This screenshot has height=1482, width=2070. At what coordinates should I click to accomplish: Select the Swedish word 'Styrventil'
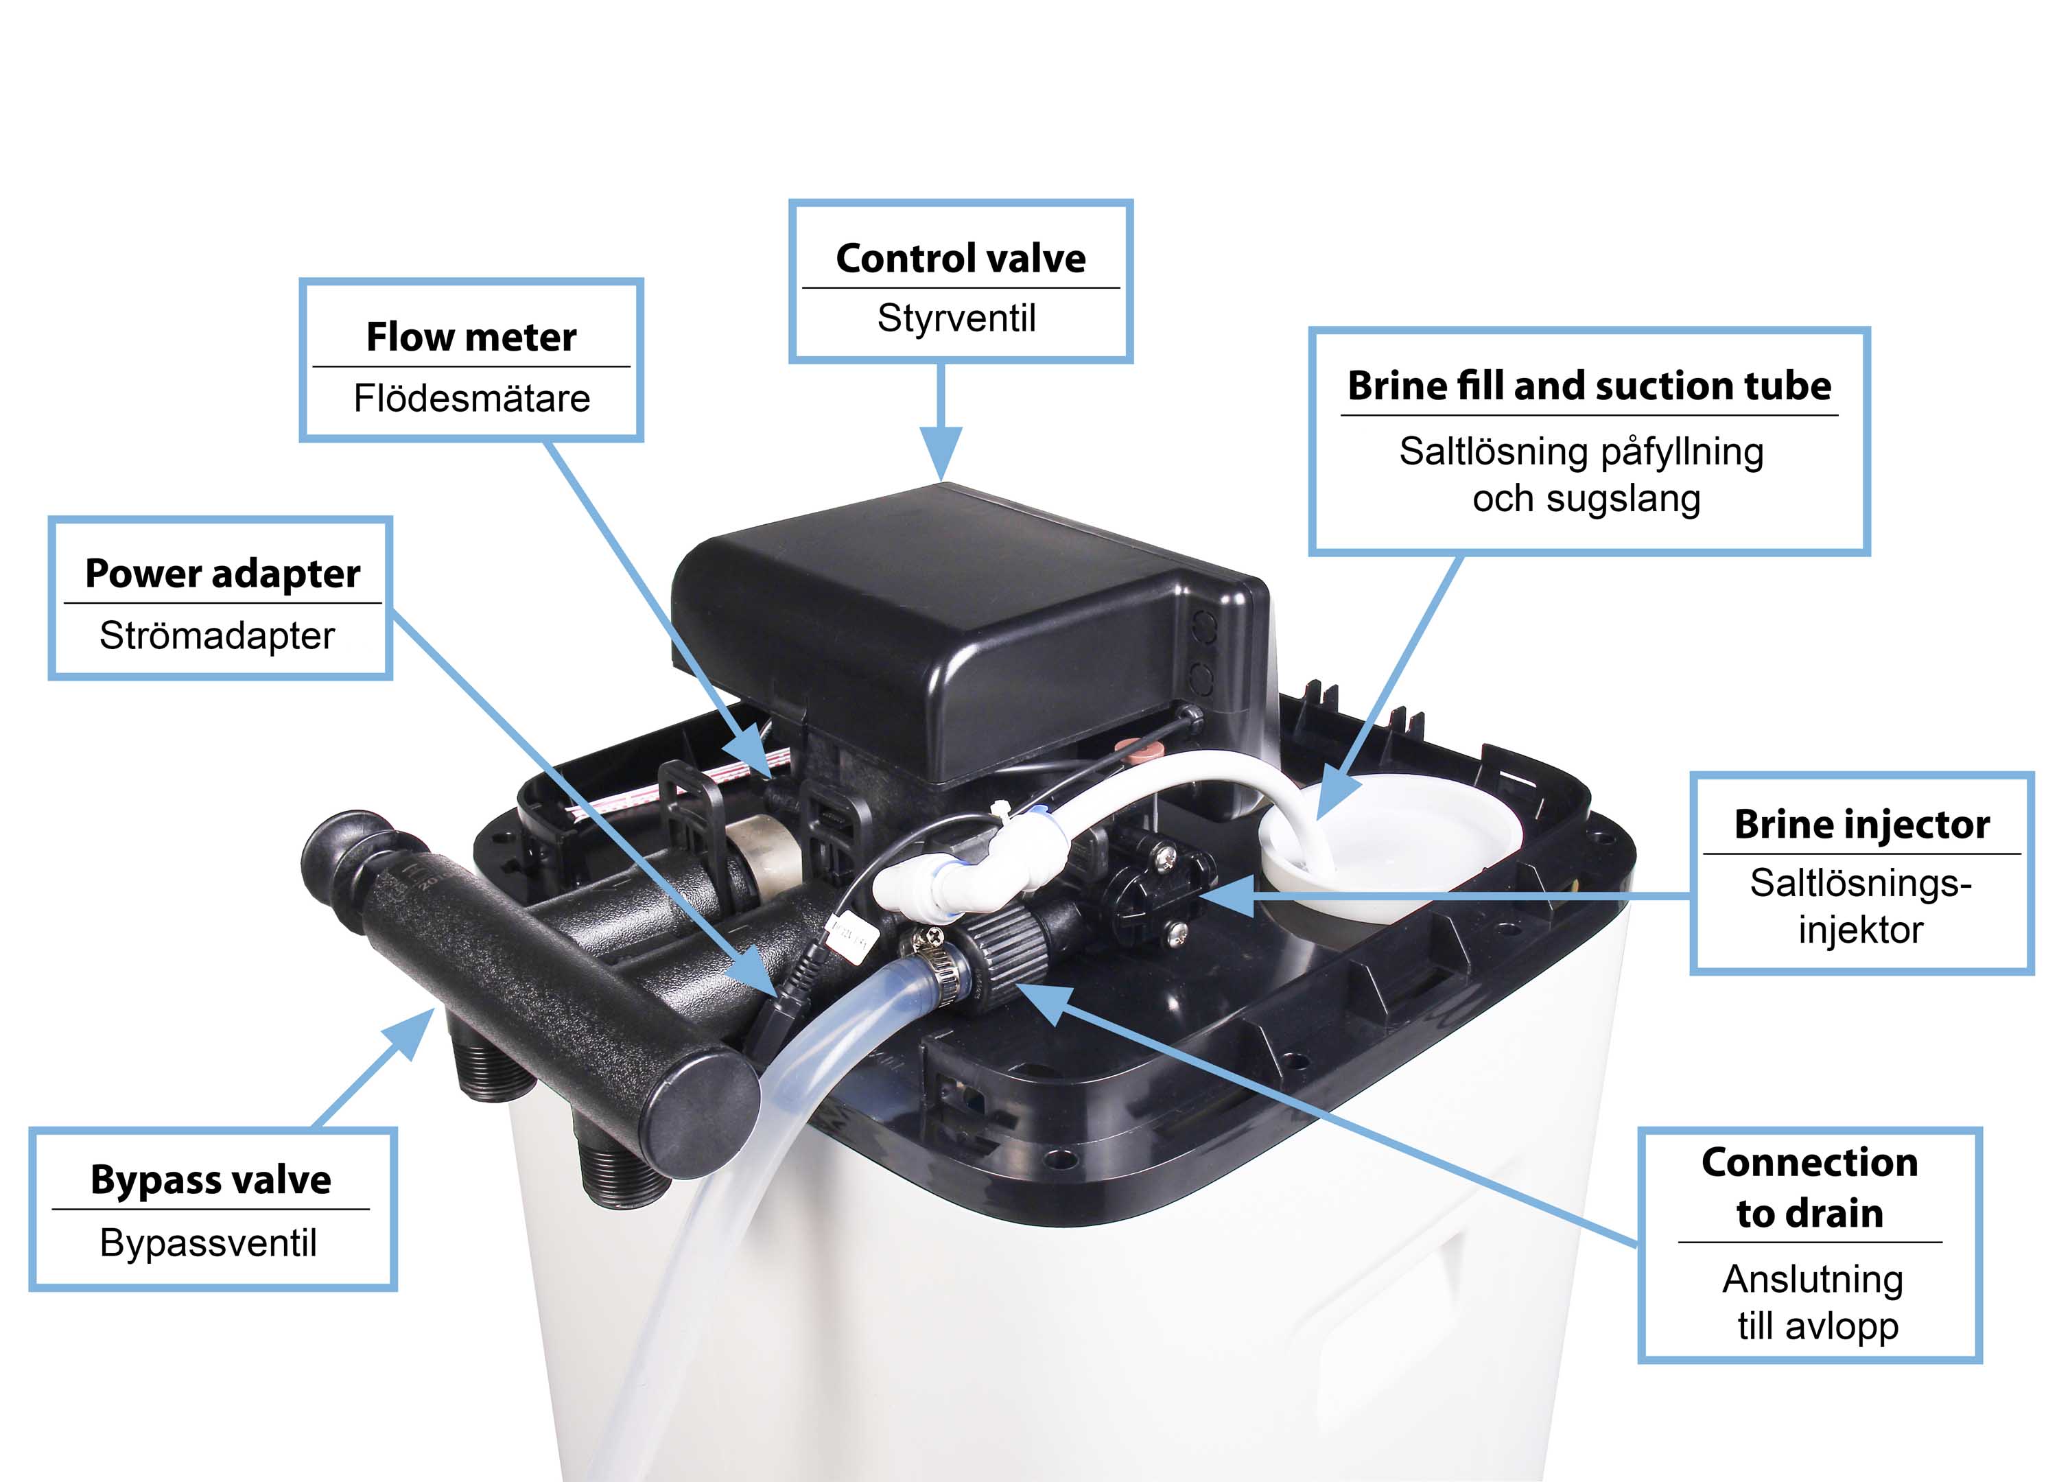956,318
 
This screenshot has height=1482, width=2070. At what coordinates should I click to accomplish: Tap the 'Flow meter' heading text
471,337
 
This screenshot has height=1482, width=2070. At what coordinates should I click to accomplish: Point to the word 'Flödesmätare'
471,398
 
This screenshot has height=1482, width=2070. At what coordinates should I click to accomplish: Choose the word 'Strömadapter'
217,635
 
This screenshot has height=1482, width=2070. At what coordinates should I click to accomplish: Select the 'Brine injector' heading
1861,824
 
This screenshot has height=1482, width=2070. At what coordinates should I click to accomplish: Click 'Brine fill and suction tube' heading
1589,386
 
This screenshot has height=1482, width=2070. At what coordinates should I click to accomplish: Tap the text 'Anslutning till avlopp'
1813,1302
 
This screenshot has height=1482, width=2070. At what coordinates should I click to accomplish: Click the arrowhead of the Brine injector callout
1227,896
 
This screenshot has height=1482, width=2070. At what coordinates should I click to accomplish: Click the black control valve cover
967,630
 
